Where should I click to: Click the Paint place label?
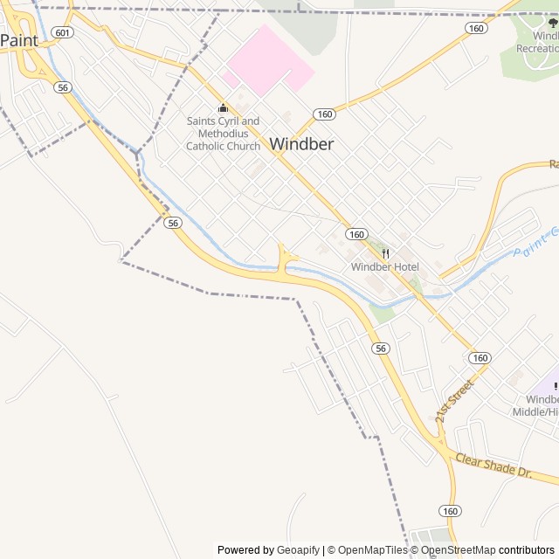pyautogui.click(x=19, y=40)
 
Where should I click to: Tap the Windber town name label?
pyautogui.click(x=301, y=144)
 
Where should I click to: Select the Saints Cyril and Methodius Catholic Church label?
pyautogui.click(x=223, y=134)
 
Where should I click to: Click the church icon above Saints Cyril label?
pyautogui.click(x=223, y=108)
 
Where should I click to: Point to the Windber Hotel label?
pyautogui.click(x=385, y=266)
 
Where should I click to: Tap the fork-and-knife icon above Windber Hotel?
pyautogui.click(x=385, y=253)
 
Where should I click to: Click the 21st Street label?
pyautogui.click(x=454, y=401)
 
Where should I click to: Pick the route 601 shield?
pyautogui.click(x=62, y=32)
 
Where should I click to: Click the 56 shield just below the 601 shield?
pyautogui.click(x=62, y=86)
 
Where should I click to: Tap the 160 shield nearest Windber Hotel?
pyautogui.click(x=355, y=233)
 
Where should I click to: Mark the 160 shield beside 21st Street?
pyautogui.click(x=480, y=358)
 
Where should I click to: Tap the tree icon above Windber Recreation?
pyautogui.click(x=552, y=24)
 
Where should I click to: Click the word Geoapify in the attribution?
pyautogui.click(x=298, y=550)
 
